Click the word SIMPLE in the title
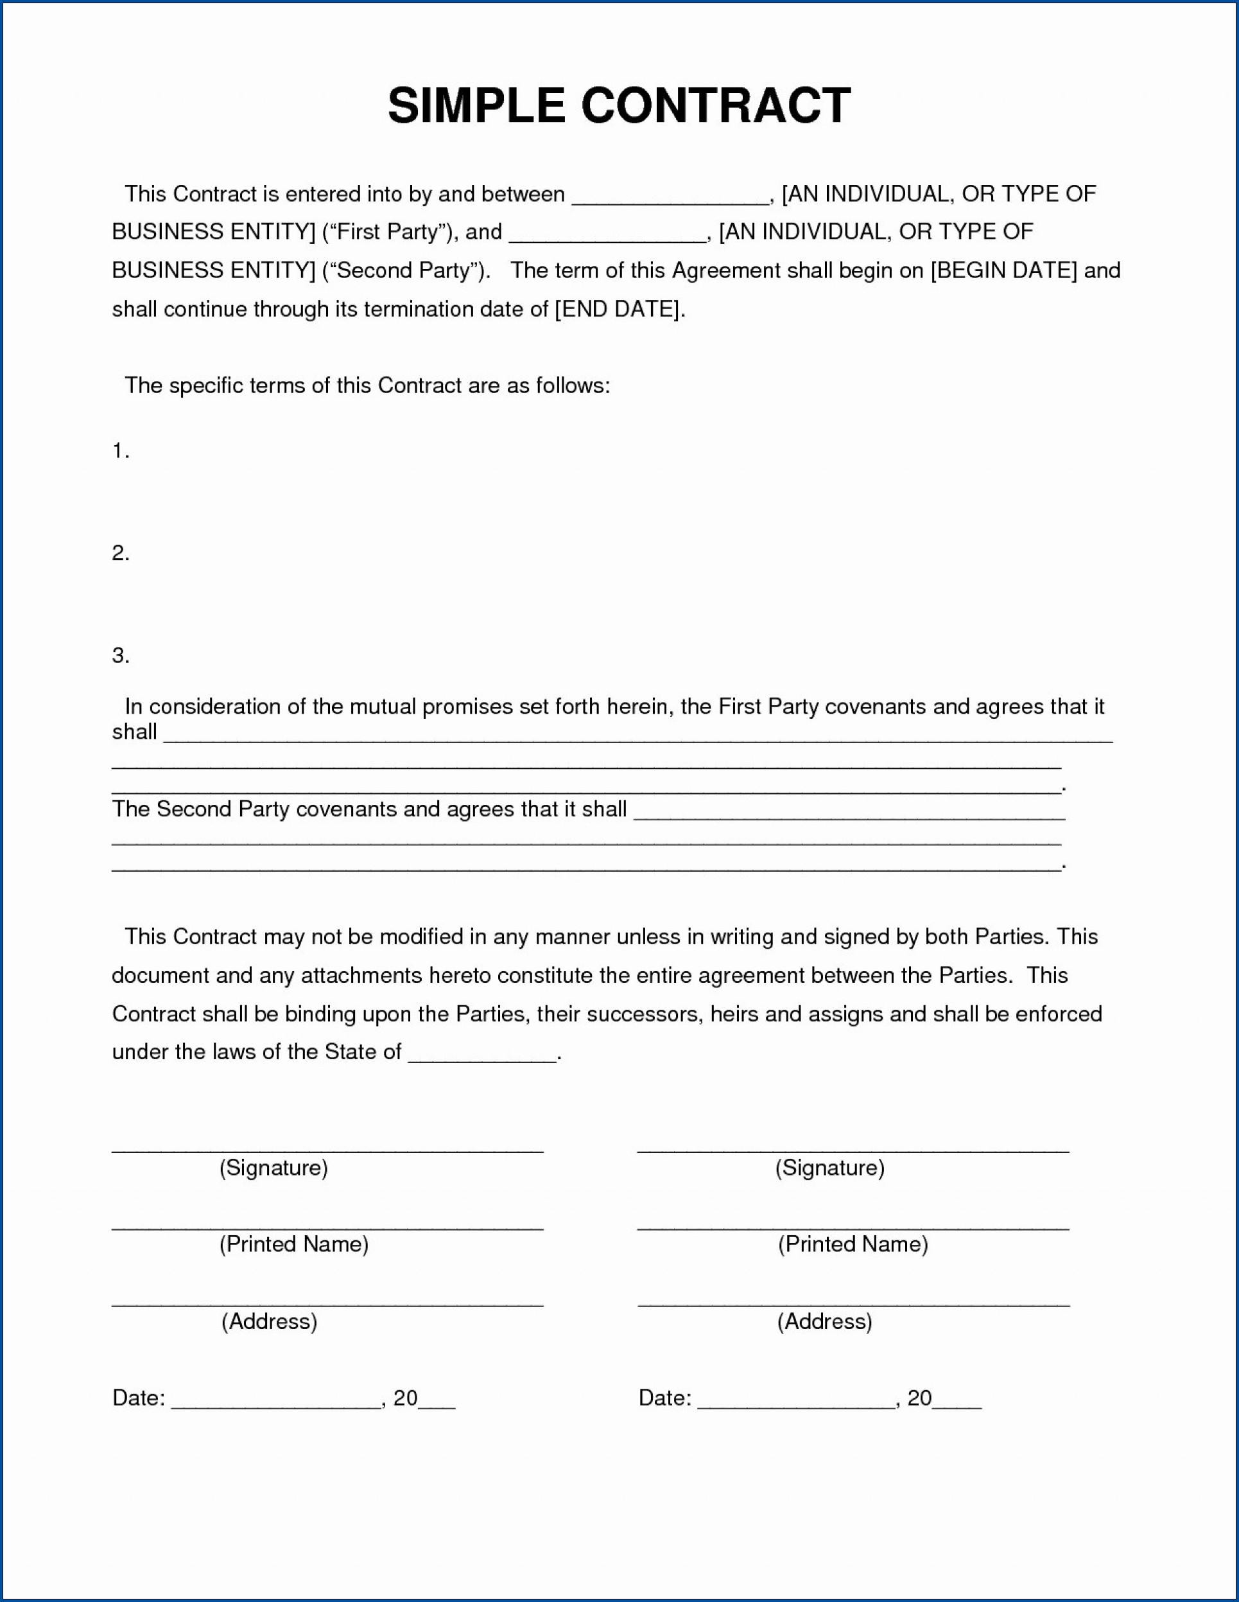(x=476, y=105)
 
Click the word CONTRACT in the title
(x=716, y=105)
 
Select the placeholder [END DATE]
(x=619, y=310)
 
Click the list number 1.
(x=120, y=452)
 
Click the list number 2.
(x=120, y=553)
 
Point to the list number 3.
(x=120, y=655)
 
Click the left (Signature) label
(x=273, y=1168)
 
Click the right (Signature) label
(x=830, y=1168)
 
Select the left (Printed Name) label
(x=293, y=1244)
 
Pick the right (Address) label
(x=825, y=1321)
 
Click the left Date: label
(x=139, y=1398)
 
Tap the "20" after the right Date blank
(x=919, y=1398)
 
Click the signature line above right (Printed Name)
(x=853, y=1228)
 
